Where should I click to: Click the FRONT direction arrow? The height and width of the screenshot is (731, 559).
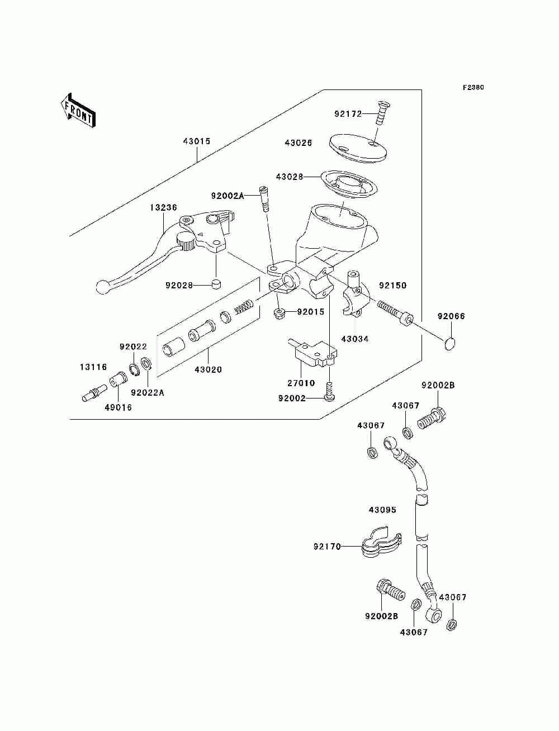(x=78, y=111)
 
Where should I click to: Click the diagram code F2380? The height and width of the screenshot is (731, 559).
(x=473, y=88)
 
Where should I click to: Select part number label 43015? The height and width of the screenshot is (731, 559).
(x=197, y=141)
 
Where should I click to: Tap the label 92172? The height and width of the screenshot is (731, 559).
(x=348, y=114)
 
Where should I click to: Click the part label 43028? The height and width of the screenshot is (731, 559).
(x=290, y=177)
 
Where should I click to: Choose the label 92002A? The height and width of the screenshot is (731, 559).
(x=228, y=196)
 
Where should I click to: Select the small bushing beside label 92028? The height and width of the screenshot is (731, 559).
(x=217, y=284)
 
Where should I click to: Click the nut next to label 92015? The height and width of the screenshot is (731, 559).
(x=279, y=314)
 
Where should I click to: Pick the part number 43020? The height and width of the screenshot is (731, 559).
(x=208, y=369)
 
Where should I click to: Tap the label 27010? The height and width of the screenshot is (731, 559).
(x=301, y=383)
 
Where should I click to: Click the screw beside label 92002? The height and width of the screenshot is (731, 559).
(x=329, y=392)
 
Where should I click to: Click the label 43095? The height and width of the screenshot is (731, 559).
(x=382, y=510)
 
